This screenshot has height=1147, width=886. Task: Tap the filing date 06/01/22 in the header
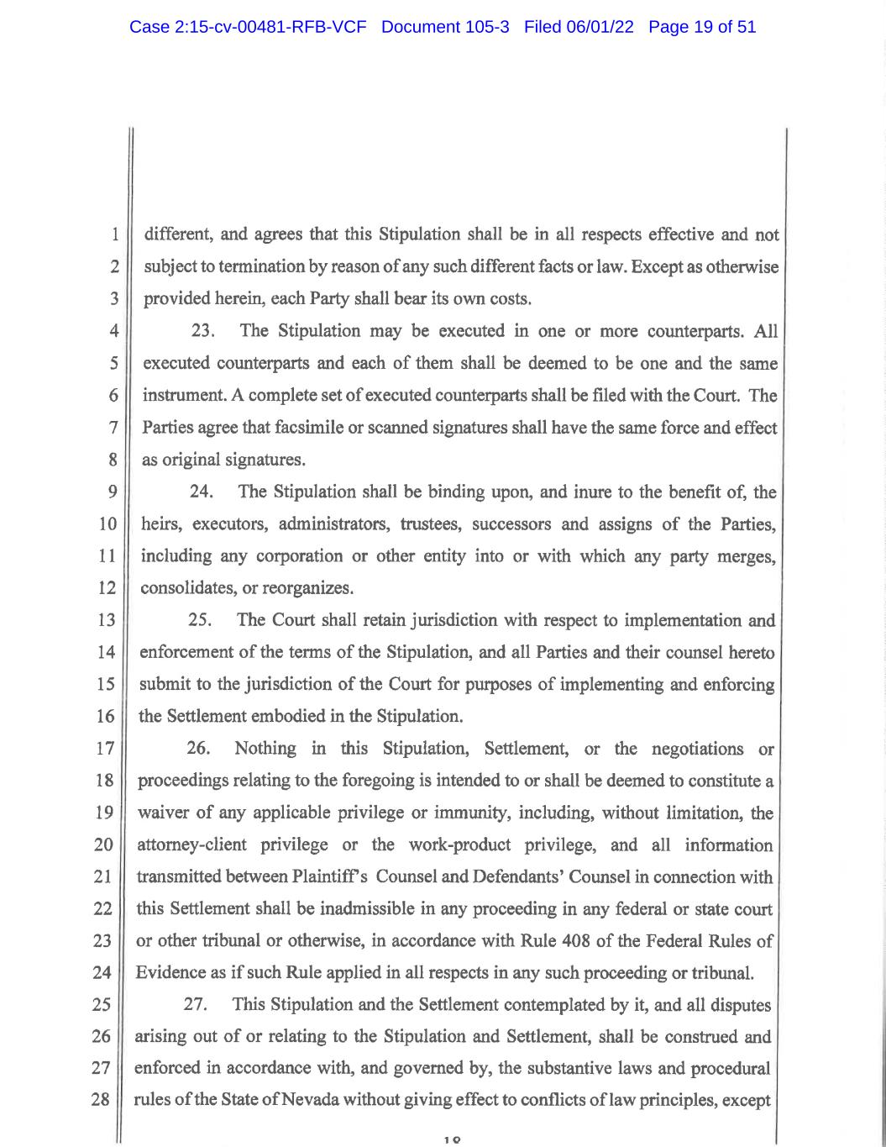pyautogui.click(x=600, y=27)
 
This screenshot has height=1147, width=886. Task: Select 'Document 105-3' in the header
pyautogui.click(x=445, y=27)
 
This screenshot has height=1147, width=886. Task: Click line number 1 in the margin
pyautogui.click(x=114, y=235)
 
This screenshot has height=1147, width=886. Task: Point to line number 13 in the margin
pyautogui.click(x=106, y=621)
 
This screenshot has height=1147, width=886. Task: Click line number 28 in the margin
pyautogui.click(x=101, y=1099)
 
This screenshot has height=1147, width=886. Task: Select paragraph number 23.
pyautogui.click(x=204, y=331)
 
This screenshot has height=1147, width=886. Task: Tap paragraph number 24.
pyautogui.click(x=202, y=492)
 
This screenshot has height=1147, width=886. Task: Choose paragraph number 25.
pyautogui.click(x=200, y=621)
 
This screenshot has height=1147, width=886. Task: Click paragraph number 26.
pyautogui.click(x=197, y=749)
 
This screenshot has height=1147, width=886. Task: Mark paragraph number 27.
pyautogui.click(x=196, y=1005)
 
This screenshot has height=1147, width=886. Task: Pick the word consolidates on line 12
pyautogui.click(x=186, y=588)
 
